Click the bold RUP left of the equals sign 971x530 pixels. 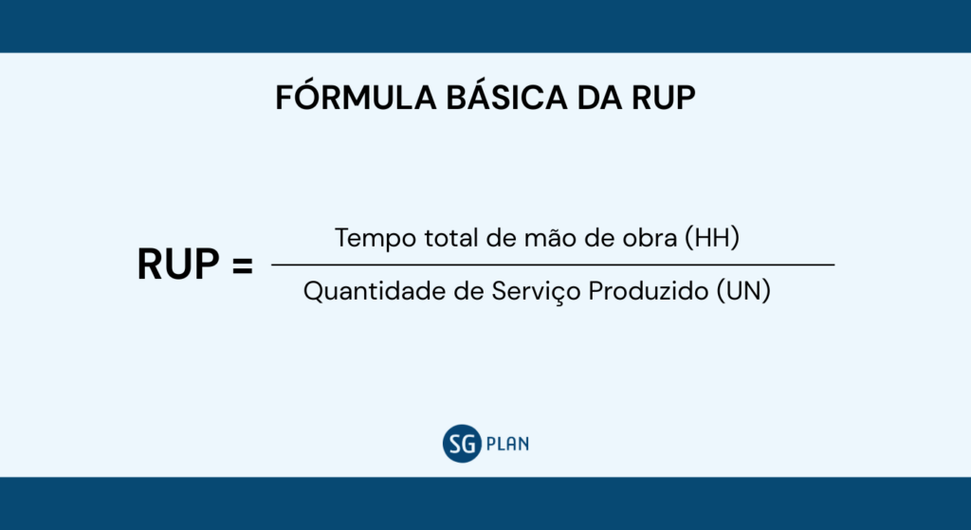[x=178, y=266]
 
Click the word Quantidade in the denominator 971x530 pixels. [x=364, y=292]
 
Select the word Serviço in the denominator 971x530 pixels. [x=525, y=292]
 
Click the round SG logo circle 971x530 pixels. [x=462, y=443]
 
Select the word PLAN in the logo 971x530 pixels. [x=506, y=443]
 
